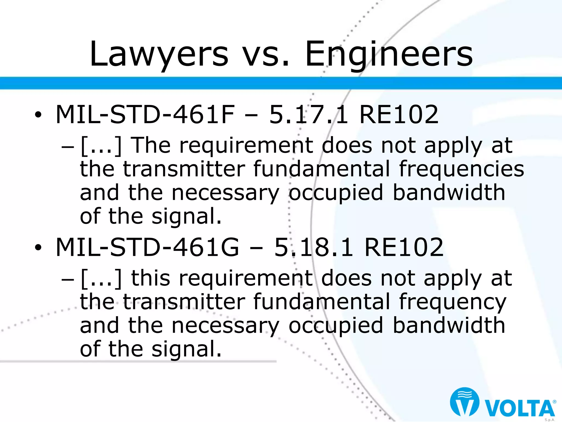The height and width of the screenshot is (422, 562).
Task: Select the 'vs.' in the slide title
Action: (x=266, y=55)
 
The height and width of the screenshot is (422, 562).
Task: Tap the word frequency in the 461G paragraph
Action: (x=453, y=302)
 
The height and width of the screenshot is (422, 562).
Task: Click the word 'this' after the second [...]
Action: (x=151, y=278)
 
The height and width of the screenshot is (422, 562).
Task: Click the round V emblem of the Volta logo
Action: (x=465, y=402)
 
